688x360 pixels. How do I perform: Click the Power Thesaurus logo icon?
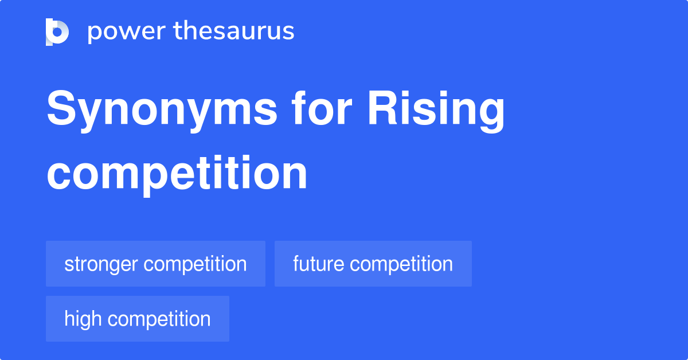(x=57, y=32)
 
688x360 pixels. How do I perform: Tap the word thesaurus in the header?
(x=234, y=32)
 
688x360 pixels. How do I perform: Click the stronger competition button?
(x=155, y=264)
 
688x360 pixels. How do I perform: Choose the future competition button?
(x=373, y=264)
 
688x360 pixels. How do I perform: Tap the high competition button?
(x=138, y=319)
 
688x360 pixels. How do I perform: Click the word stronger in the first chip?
(x=101, y=264)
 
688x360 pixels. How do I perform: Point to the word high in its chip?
(x=83, y=319)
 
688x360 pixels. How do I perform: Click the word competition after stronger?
(x=195, y=264)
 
